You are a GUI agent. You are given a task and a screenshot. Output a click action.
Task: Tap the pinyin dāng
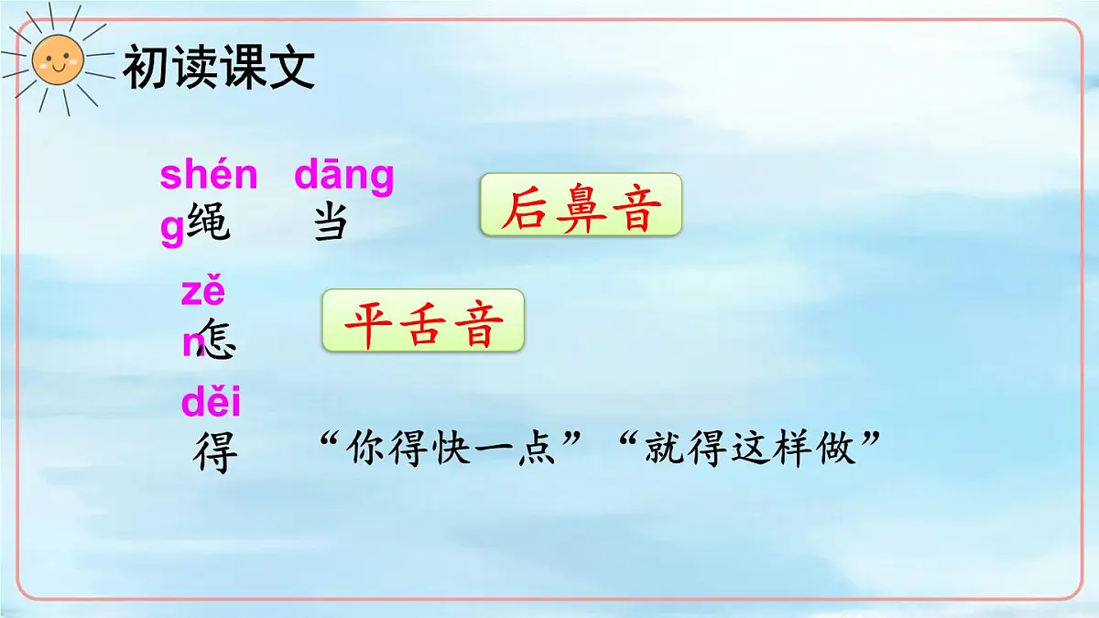coord(344,175)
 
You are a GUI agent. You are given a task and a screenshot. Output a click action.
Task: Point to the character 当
coord(330,222)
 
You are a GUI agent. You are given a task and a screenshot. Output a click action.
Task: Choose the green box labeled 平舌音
coord(422,321)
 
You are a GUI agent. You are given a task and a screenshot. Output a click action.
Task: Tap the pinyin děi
coord(211,403)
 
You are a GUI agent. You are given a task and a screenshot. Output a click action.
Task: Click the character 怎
coord(216,339)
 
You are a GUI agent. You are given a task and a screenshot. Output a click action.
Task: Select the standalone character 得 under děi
coord(216,450)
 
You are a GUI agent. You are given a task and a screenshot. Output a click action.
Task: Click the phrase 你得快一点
coord(453,450)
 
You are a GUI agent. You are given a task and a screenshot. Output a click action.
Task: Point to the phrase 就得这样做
coord(750,450)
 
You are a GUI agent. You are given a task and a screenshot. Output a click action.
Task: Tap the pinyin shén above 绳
coord(209,174)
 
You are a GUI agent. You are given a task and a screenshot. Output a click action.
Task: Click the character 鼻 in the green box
coord(581,210)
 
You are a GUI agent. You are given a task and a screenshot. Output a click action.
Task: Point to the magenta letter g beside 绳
coord(172,231)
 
